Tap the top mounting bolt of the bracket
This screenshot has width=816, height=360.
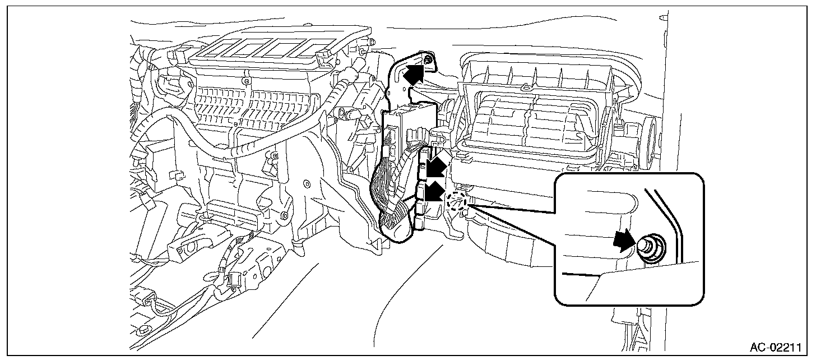(428, 59)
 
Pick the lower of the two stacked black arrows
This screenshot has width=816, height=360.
(433, 192)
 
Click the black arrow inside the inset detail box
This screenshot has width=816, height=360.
(623, 242)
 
